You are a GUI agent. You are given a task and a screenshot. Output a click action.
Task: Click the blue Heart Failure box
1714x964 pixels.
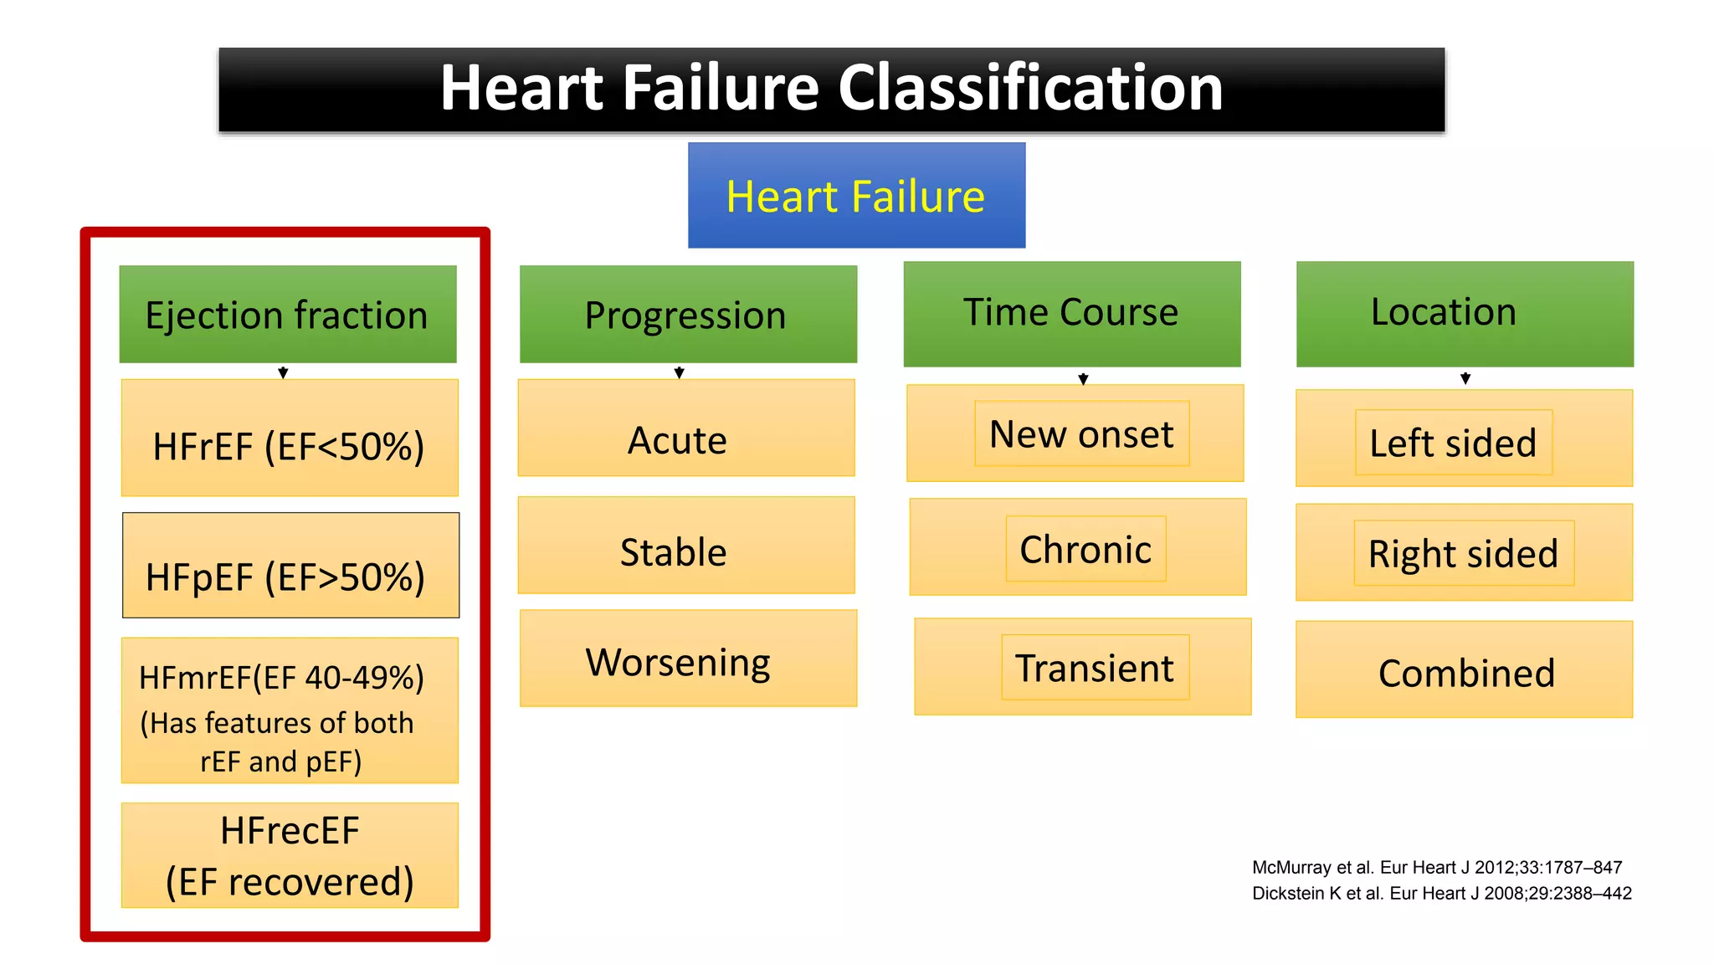856,196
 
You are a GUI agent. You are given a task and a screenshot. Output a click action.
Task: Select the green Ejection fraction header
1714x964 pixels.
287,315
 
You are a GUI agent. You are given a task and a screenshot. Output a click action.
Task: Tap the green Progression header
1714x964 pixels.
687,315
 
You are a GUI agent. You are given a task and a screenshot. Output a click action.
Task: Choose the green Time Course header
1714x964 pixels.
1071,313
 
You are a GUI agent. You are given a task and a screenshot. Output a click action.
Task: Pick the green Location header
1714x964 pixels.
1464,313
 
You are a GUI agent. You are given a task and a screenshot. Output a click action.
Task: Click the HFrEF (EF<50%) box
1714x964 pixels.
289,438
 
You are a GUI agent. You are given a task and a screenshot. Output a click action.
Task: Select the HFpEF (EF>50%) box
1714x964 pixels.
290,566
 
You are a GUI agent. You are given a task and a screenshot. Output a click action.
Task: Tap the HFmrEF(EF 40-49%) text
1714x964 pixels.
281,678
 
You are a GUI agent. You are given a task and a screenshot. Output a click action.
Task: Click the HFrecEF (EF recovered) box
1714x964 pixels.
290,855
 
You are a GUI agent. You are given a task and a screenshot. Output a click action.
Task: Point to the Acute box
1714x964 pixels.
685,428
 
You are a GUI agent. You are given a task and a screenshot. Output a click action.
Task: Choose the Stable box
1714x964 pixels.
685,546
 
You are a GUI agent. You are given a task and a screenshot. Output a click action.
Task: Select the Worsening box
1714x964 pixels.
687,659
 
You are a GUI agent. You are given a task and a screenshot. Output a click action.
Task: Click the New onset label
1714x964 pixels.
1081,433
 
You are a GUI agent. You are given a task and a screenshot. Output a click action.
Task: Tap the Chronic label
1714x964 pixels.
1085,549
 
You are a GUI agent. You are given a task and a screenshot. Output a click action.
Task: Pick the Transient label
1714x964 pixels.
1094,667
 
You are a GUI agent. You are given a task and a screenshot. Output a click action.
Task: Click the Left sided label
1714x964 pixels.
1453,443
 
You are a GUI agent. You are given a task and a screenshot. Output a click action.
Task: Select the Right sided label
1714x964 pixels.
1463,553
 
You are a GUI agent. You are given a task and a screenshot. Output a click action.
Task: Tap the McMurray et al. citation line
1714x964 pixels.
1436,867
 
